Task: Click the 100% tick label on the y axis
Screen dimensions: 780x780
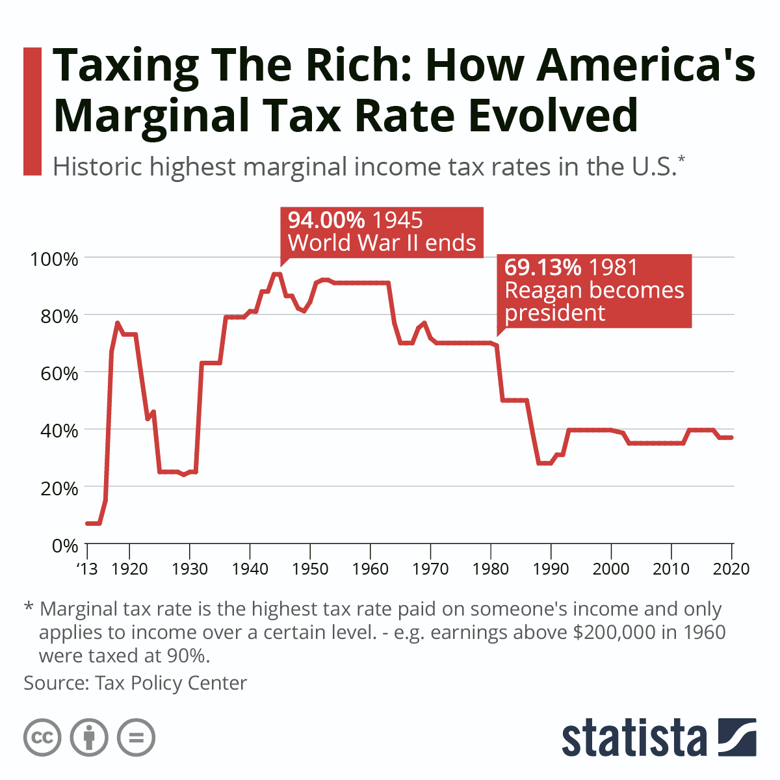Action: [x=54, y=259]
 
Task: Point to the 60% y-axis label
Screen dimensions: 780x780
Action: [x=58, y=373]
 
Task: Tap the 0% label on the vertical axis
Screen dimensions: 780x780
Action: [x=64, y=545]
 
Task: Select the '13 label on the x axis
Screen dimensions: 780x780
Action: [x=86, y=569]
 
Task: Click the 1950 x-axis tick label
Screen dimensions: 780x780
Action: [x=310, y=569]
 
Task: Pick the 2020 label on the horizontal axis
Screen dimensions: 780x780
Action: [x=731, y=569]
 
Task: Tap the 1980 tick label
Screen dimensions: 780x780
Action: [x=491, y=569]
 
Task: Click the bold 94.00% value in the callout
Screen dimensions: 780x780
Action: [x=326, y=220]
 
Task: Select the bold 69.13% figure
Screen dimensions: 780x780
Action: [x=543, y=267]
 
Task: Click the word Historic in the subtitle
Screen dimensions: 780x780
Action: [x=97, y=167]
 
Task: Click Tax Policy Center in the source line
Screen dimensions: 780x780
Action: [x=171, y=683]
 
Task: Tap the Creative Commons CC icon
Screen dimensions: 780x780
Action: [x=42, y=738]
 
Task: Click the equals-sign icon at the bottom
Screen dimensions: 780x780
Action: [x=136, y=738]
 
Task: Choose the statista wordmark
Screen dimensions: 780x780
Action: [x=634, y=738]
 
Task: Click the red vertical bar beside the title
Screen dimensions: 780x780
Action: [x=32, y=110]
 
